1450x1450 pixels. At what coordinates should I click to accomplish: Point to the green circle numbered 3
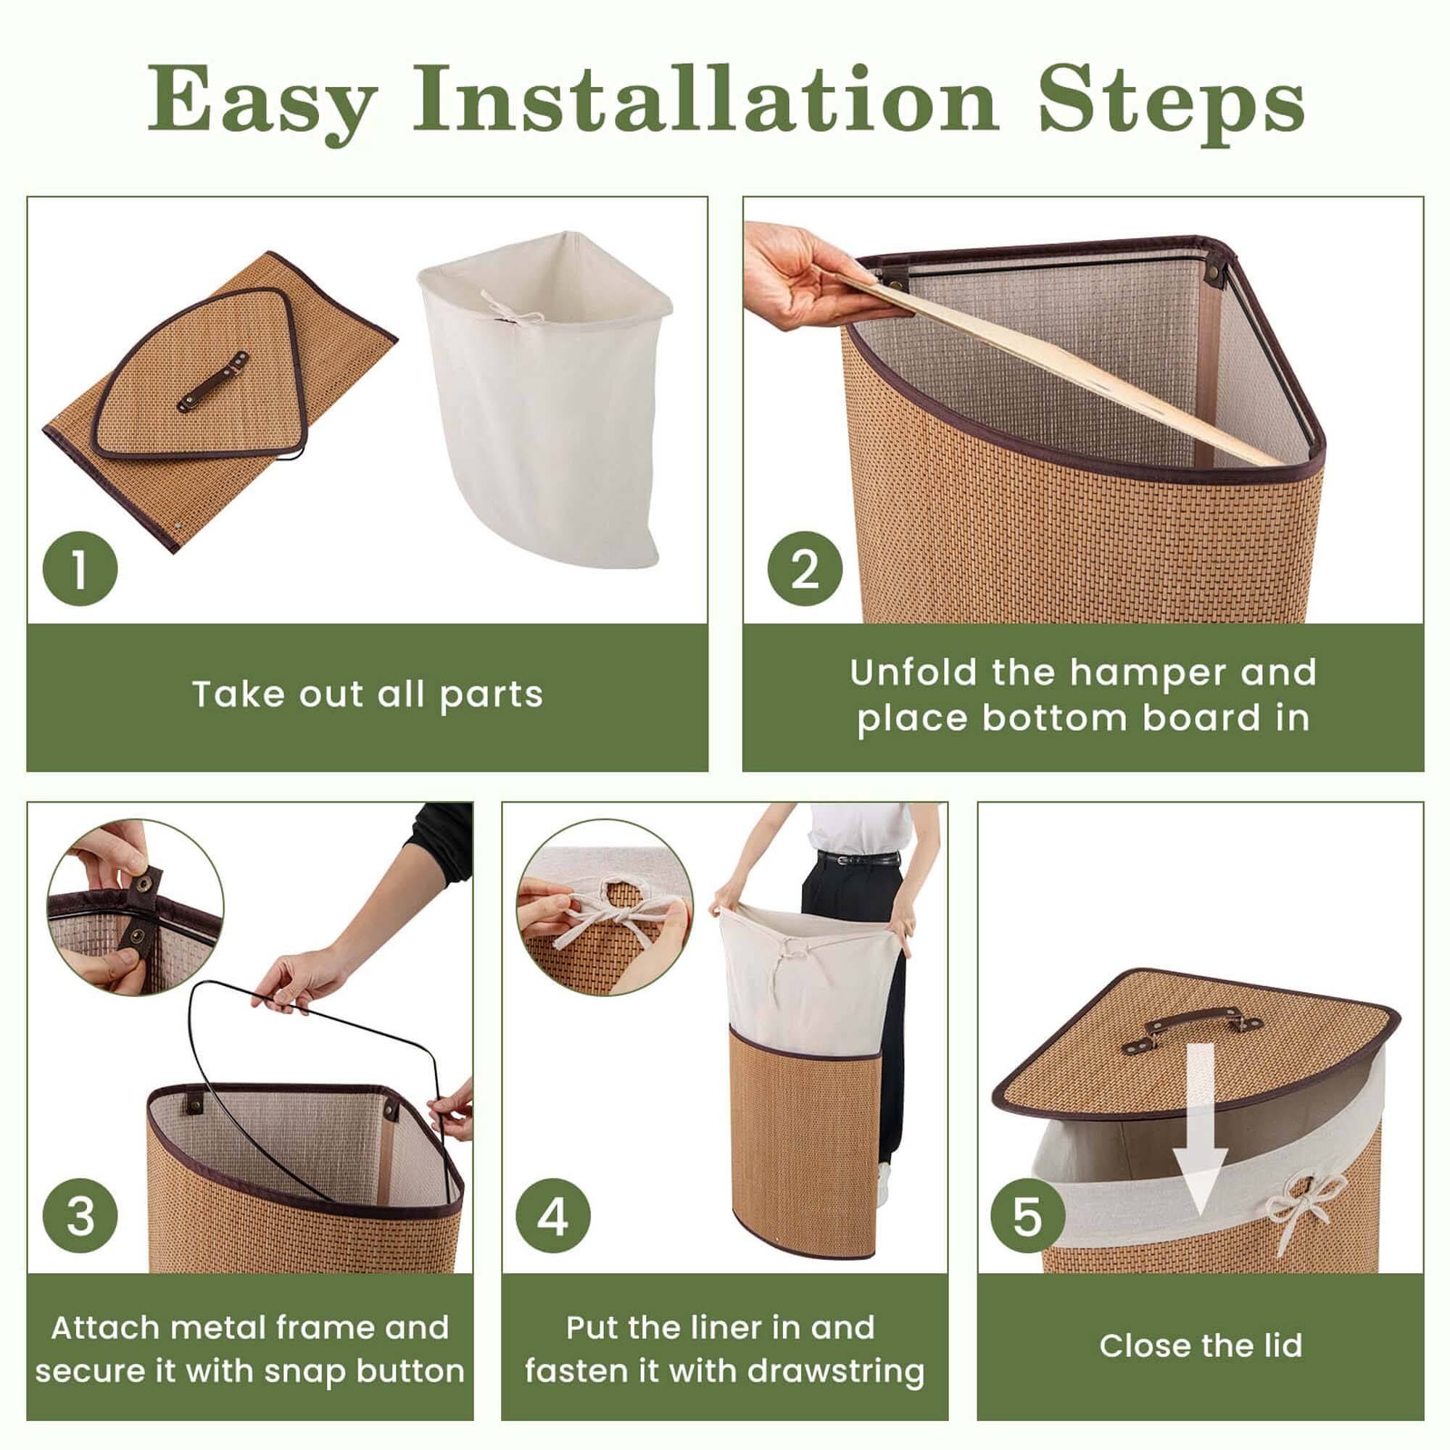point(80,1216)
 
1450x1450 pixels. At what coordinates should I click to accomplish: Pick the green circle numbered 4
point(553,1216)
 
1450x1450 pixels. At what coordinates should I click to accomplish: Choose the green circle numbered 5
point(1027,1216)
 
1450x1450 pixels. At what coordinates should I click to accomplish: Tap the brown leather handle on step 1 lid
point(212,381)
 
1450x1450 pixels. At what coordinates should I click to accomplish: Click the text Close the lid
point(1201,1346)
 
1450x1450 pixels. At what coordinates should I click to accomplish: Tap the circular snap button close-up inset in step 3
point(135,908)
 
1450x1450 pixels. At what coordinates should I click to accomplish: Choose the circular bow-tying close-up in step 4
point(605,908)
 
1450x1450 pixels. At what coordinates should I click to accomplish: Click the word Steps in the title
point(1171,100)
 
